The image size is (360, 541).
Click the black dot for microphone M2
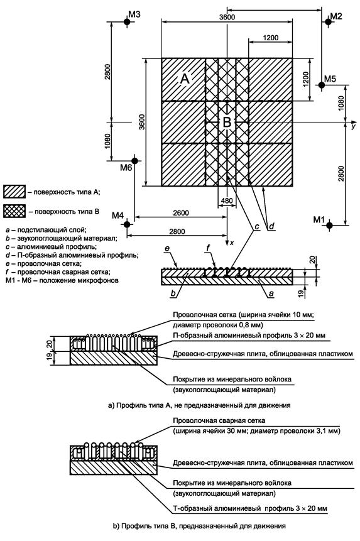[x=327, y=22]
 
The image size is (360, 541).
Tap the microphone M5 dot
[x=322, y=85]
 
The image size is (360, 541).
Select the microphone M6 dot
[x=134, y=160]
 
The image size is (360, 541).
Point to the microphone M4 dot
[x=127, y=224]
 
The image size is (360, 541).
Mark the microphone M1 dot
[x=329, y=226]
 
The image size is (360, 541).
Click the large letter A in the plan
[x=185, y=79]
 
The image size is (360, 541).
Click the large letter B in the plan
[x=227, y=122]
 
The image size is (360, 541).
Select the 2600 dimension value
[x=181, y=213]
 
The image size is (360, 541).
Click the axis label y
[x=353, y=127]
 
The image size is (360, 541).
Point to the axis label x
[x=232, y=243]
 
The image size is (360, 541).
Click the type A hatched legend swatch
[x=14, y=192]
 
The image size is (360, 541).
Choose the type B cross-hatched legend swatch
[x=14, y=211]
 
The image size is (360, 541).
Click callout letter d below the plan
[x=271, y=226]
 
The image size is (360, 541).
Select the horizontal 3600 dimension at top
[x=227, y=17]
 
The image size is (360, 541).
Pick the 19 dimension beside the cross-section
[x=301, y=293]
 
